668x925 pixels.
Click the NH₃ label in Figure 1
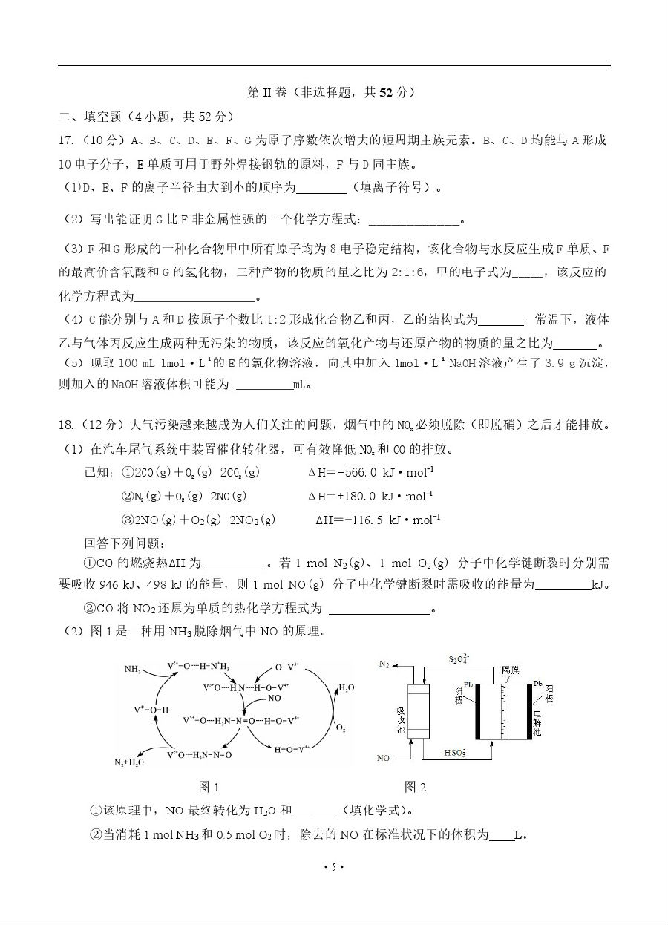[133, 669]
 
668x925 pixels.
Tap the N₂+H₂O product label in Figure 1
[129, 762]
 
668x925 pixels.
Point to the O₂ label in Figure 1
[341, 728]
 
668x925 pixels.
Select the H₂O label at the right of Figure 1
[347, 687]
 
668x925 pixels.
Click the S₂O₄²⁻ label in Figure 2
[460, 659]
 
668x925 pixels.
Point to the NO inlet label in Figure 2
[384, 759]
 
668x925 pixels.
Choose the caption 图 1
[209, 787]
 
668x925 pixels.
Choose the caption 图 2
[415, 787]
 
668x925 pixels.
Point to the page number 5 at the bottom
[334, 867]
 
